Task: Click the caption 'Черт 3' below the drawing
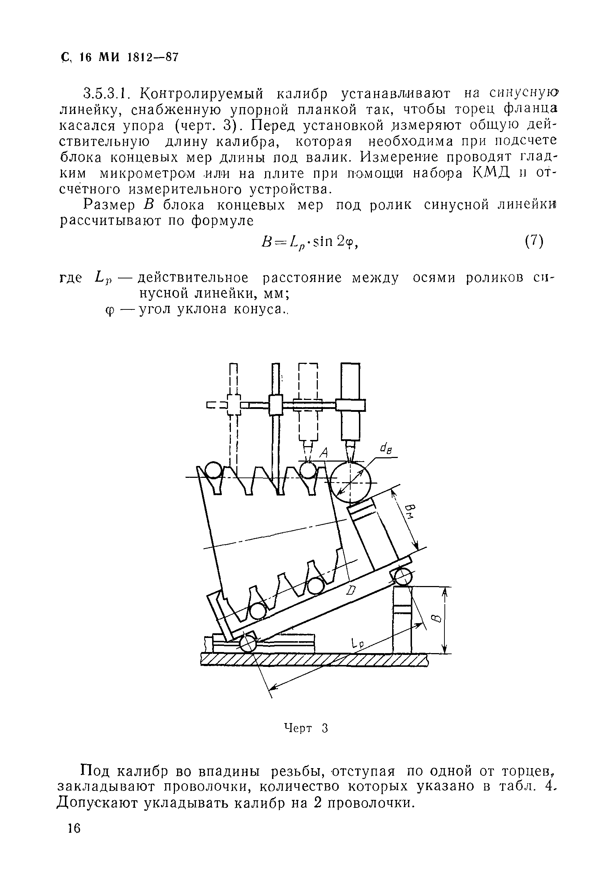coord(306,728)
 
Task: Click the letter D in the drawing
coord(351,591)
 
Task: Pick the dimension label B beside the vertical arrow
coord(436,618)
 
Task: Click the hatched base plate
coord(314,660)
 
